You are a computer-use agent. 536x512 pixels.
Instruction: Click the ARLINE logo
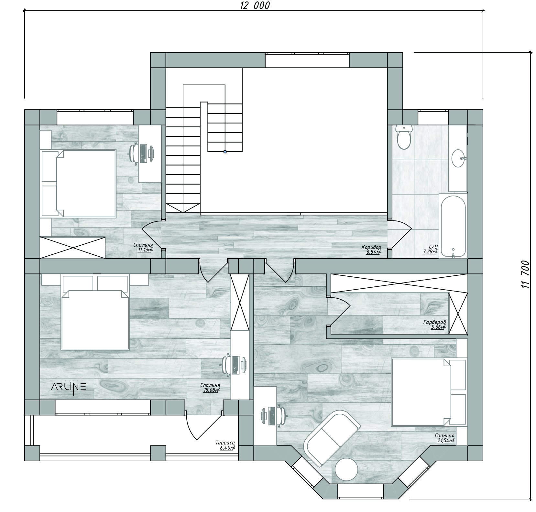tap(69, 387)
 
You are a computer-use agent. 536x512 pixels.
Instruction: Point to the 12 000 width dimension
tap(255, 5)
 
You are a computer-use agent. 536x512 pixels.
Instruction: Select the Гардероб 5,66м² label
tap(434, 324)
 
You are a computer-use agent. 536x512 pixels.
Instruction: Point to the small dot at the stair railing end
tap(225, 152)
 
